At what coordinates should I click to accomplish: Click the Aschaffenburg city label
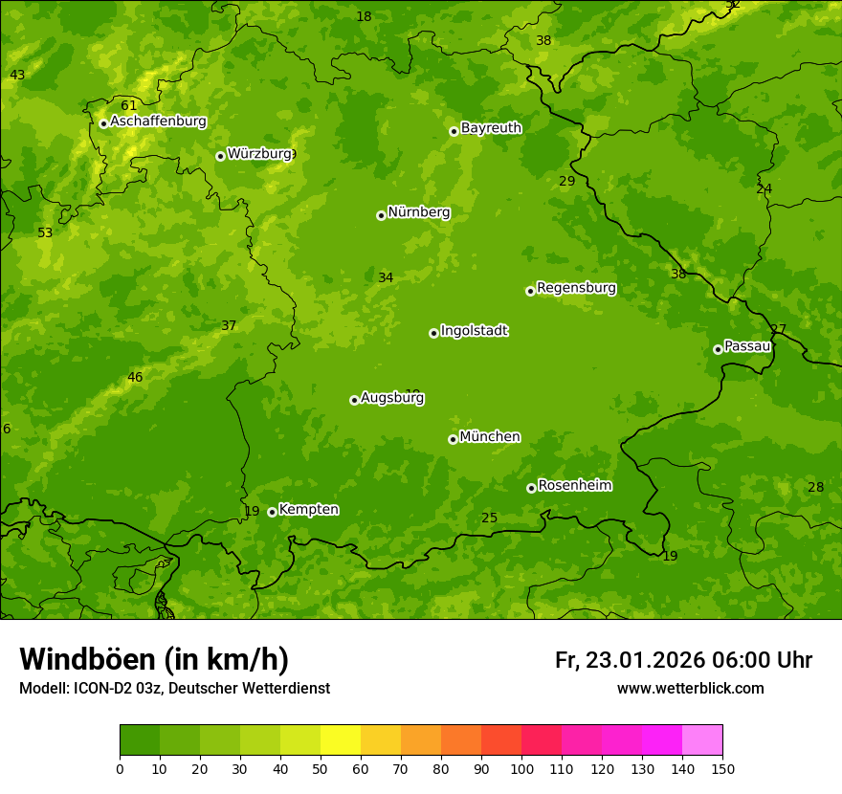pos(158,121)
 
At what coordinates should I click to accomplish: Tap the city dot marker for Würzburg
pos(220,156)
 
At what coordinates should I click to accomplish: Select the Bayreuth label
pos(491,128)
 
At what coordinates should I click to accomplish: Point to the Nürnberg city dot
pos(381,215)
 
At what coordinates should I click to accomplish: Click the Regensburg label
pos(576,288)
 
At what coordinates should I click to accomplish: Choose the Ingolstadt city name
pos(474,331)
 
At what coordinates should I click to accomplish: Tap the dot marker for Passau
pos(718,349)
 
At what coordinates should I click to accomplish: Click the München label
pos(490,437)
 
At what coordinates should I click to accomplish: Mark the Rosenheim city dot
pos(531,488)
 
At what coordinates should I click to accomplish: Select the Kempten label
pos(308,510)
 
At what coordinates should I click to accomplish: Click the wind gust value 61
pos(128,105)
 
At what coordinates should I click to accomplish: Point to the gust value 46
pos(135,378)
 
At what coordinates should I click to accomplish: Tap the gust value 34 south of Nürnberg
pos(386,278)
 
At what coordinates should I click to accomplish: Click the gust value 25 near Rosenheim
pos(489,518)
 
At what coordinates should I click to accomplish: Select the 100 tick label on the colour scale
pos(521,768)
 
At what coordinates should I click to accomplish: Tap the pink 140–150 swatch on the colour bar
pos(701,740)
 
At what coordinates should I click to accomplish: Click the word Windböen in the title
pos(87,659)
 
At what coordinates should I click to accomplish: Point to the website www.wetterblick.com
pos(690,689)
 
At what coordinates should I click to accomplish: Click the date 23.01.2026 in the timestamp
pos(645,660)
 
